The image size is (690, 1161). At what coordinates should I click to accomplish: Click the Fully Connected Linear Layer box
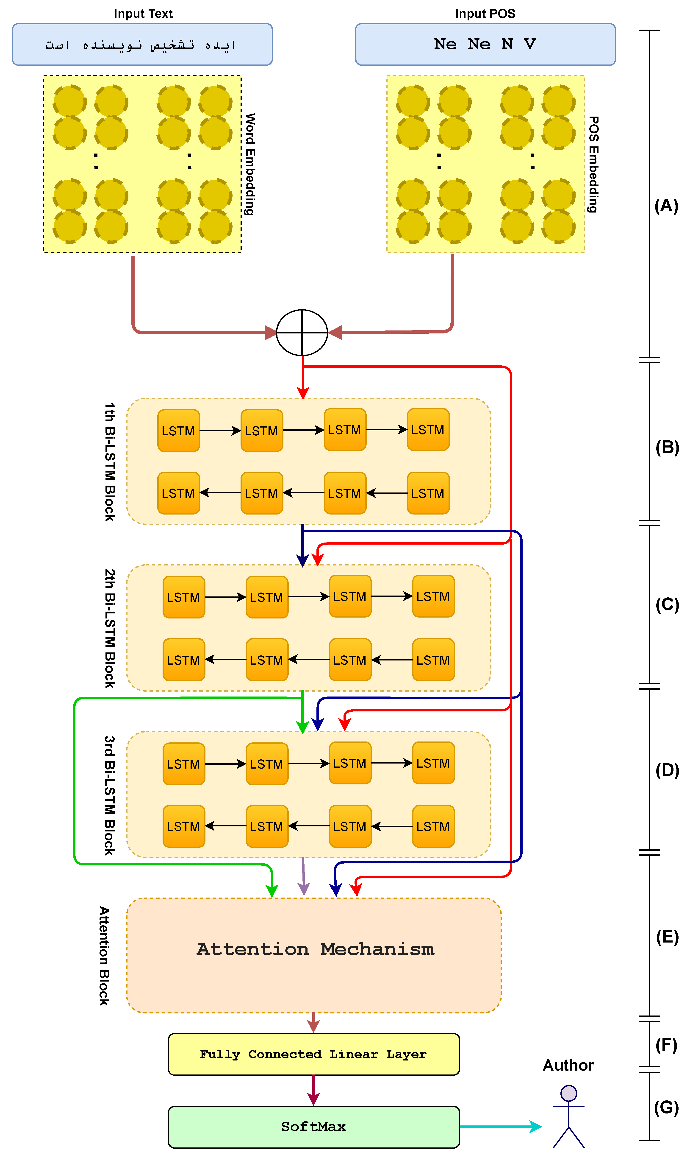(x=314, y=1055)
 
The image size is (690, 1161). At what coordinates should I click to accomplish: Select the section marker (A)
(x=666, y=206)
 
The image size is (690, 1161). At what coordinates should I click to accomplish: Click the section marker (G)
(x=666, y=1108)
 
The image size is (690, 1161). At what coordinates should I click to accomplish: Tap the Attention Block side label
(x=104, y=956)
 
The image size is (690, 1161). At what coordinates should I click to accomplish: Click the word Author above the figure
(x=568, y=1066)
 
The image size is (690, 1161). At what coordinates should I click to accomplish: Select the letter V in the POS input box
(x=529, y=44)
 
